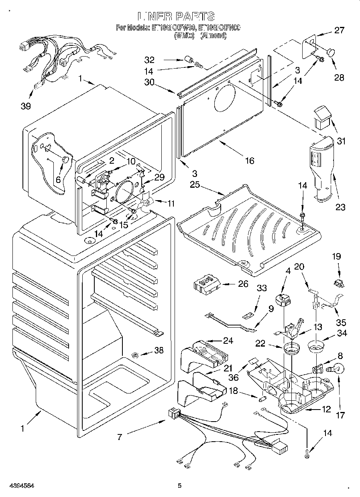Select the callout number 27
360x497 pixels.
coord(339,30)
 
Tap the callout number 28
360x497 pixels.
coord(339,77)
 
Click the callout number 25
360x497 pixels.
coord(195,185)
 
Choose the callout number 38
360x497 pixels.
coord(159,350)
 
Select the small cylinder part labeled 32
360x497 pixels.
coord(187,61)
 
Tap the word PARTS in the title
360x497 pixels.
coord(194,16)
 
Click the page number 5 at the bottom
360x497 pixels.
coord(179,485)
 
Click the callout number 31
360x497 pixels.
coord(342,141)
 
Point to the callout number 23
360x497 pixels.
coord(340,207)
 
